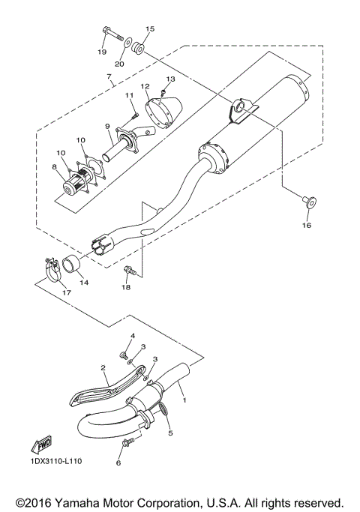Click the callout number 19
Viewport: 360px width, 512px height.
[x=101, y=51]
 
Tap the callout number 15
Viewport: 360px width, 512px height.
[x=149, y=29]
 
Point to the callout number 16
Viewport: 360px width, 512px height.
[x=305, y=224]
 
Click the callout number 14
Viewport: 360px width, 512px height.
[x=84, y=283]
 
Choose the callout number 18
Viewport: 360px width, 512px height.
[x=125, y=286]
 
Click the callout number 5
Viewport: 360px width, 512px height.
[x=169, y=433]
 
